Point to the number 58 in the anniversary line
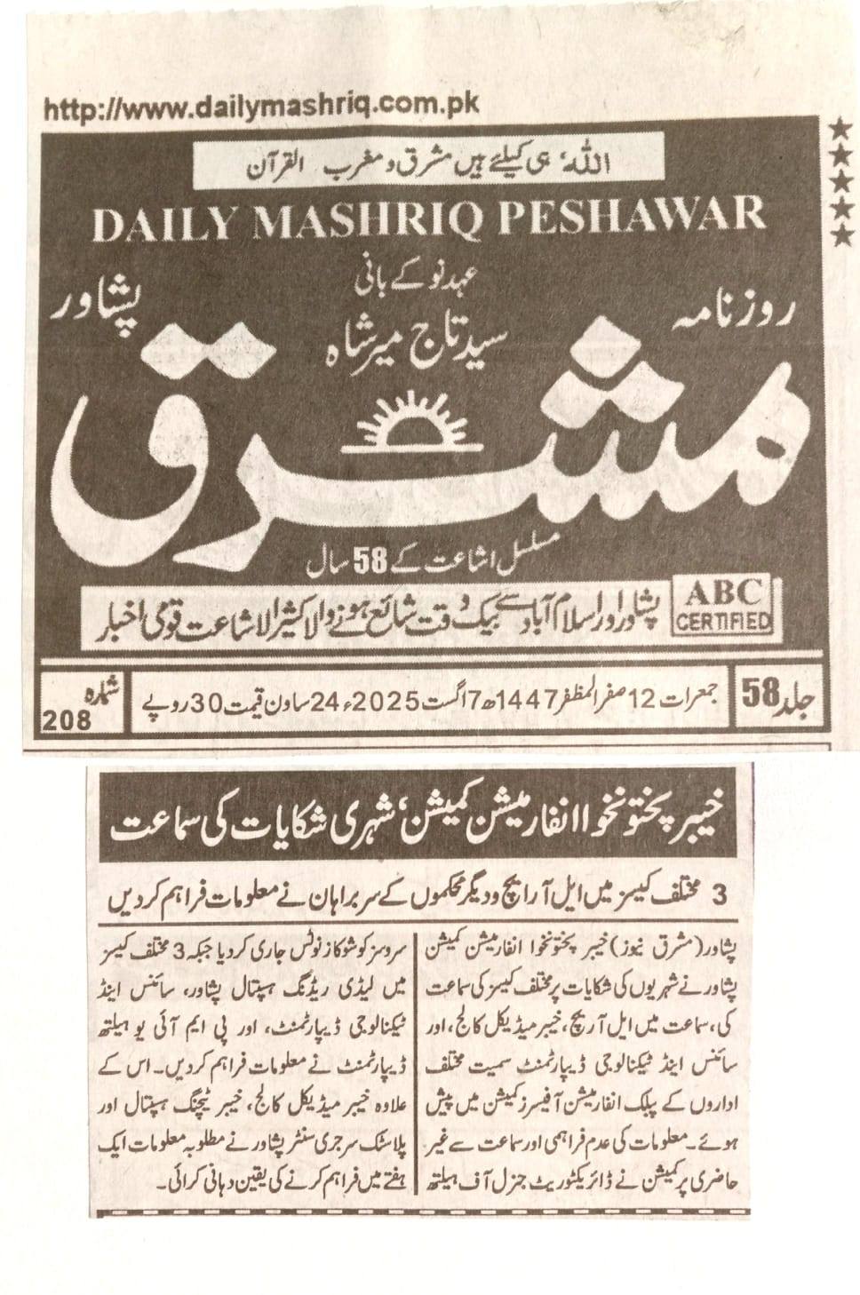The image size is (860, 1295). pos(372,561)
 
